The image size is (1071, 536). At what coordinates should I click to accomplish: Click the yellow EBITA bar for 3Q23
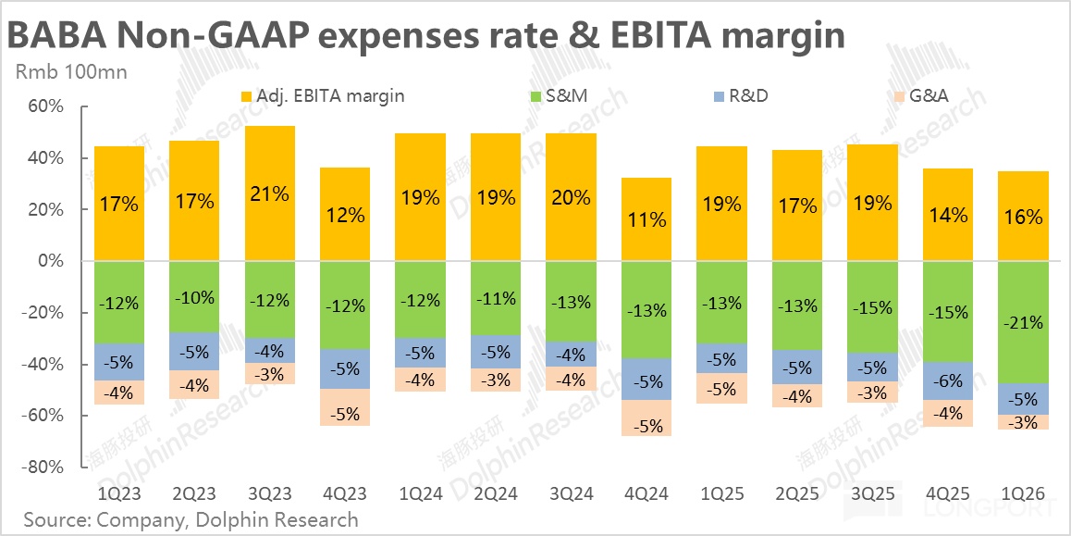pyautogui.click(x=269, y=193)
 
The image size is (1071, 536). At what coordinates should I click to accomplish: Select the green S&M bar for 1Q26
pyautogui.click(x=1022, y=322)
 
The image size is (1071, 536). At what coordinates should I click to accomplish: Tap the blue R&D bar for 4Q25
pyautogui.click(x=947, y=380)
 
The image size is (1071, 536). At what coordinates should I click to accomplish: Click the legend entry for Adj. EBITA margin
pyautogui.click(x=323, y=95)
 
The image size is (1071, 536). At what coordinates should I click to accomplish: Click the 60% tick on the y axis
pyautogui.click(x=43, y=107)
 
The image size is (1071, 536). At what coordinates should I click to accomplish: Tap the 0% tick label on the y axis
pyautogui.click(x=48, y=262)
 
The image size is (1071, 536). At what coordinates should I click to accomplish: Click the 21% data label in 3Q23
pyautogui.click(x=269, y=194)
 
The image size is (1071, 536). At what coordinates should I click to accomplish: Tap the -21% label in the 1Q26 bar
pyautogui.click(x=1022, y=323)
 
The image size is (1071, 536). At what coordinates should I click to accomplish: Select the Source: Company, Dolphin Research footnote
pyautogui.click(x=191, y=519)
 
